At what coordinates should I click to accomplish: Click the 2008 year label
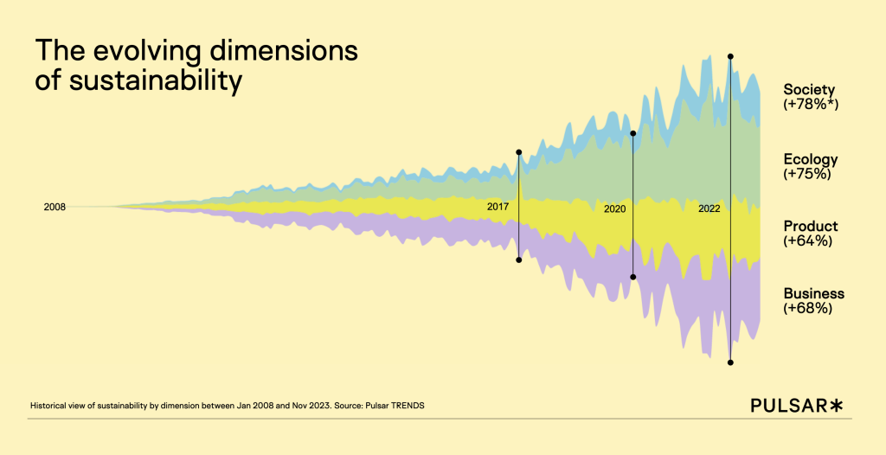[55, 207]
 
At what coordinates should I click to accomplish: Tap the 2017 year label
[498, 207]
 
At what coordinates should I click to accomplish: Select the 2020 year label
[614, 209]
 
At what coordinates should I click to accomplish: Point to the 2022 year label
[709, 209]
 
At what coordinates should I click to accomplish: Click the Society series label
[809, 89]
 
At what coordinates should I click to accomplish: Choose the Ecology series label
[811, 159]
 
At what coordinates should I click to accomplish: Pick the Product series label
[811, 227]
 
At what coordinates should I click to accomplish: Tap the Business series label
[813, 293]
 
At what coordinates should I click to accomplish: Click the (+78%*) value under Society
[812, 105]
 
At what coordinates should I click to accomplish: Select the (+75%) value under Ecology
[807, 174]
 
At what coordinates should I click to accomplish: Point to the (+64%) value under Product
[807, 241]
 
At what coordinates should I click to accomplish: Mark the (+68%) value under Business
[807, 308]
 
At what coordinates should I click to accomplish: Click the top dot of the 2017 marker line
[519, 152]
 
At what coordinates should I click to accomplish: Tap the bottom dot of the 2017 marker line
[519, 260]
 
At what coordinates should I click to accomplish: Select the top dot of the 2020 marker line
[633, 133]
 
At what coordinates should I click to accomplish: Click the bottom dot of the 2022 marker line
[731, 362]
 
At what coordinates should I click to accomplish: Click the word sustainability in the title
[153, 80]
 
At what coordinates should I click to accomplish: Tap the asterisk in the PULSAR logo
[836, 405]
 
